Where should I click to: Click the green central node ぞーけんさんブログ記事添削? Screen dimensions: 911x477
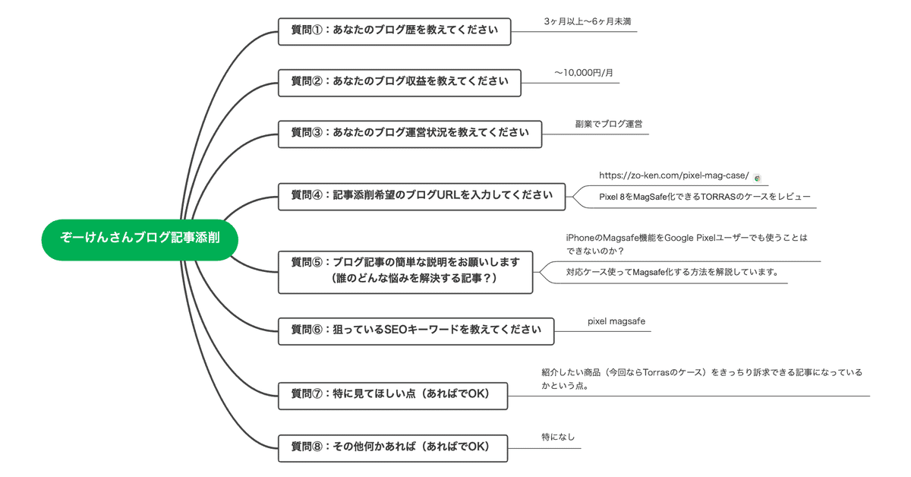(140, 240)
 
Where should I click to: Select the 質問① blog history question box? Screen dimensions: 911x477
(395, 31)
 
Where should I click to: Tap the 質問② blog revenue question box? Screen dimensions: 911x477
(399, 83)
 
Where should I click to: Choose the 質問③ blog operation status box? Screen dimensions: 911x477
(410, 134)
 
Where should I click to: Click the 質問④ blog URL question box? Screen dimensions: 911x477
(422, 197)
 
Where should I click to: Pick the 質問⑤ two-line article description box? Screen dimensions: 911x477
(405, 272)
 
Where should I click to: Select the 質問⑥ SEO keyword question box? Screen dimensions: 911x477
(416, 331)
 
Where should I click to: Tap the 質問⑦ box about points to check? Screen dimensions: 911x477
(393, 396)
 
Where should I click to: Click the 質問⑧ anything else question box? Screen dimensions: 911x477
(393, 448)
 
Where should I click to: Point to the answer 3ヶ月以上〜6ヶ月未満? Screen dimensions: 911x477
(588, 21)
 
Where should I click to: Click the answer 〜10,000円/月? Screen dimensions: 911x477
(584, 73)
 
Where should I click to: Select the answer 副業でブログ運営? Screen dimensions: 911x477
(609, 124)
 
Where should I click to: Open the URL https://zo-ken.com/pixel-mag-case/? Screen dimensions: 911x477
(674, 175)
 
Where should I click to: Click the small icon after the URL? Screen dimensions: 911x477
(757, 178)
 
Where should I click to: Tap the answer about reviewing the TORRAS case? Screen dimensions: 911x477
(705, 197)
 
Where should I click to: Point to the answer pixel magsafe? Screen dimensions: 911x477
(616, 321)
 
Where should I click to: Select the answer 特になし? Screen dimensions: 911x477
(558, 437)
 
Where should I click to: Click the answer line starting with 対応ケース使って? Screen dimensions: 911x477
(673, 272)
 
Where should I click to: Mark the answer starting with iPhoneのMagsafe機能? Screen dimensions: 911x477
(686, 245)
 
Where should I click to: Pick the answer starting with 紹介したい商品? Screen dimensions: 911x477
(701, 379)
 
